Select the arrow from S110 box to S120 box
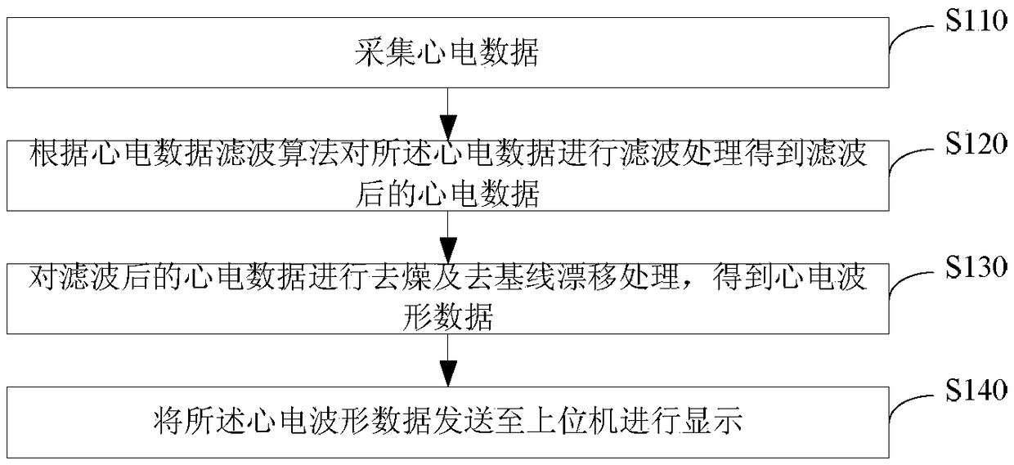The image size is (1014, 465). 446,114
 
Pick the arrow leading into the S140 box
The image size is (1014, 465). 446,360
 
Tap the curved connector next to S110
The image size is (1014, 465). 913,37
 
